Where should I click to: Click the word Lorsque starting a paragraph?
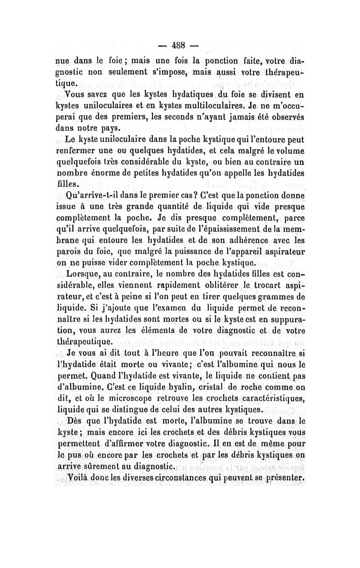coord(82,274)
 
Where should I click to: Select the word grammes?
coord(270,298)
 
